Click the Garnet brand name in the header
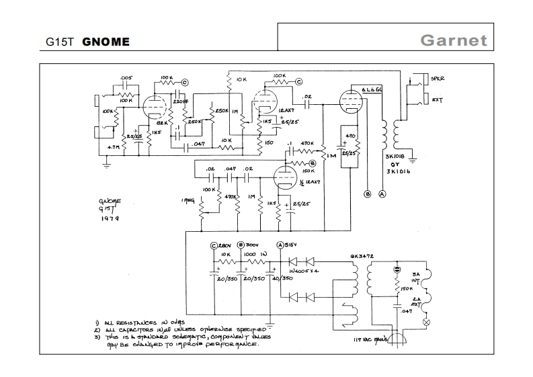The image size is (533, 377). click(x=454, y=40)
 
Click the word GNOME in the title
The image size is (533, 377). click(x=106, y=42)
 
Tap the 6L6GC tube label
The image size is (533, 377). click(x=372, y=90)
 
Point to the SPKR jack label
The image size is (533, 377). click(x=438, y=79)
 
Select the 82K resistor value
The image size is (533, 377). click(x=162, y=124)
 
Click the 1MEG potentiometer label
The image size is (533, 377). click(x=187, y=200)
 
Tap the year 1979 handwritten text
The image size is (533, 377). click(x=109, y=218)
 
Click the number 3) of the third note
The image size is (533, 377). click(x=97, y=337)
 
